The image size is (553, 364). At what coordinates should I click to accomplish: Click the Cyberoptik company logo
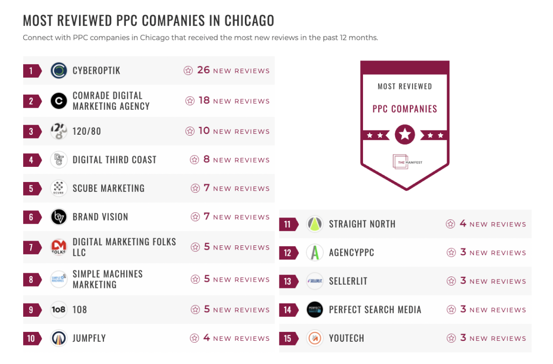[59, 70]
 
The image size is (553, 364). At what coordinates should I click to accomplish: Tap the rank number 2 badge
[31, 101]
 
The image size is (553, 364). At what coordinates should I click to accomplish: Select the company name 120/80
[87, 131]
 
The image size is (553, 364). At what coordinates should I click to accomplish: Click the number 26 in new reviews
[203, 70]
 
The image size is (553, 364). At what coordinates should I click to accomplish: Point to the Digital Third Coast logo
[59, 160]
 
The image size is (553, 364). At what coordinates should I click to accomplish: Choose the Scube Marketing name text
[109, 188]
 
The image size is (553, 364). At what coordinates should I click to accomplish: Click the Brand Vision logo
[59, 217]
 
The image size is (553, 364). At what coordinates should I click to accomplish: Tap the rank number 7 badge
[31, 247]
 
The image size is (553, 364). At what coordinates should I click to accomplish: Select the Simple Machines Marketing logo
[59, 279]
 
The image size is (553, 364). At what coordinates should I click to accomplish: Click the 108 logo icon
[59, 310]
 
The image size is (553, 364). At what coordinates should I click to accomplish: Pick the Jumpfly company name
[89, 338]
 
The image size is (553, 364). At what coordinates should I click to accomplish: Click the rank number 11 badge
[288, 224]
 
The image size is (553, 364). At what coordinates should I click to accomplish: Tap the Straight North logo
[315, 224]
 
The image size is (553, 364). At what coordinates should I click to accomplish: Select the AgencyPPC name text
[352, 252]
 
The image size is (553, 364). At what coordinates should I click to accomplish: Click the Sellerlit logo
[315, 281]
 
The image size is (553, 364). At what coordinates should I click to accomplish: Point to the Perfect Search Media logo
[315, 310]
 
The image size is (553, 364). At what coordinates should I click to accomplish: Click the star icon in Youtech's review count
[451, 338]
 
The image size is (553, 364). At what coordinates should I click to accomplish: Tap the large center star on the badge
[405, 135]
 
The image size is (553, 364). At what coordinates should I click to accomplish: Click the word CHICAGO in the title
[249, 21]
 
